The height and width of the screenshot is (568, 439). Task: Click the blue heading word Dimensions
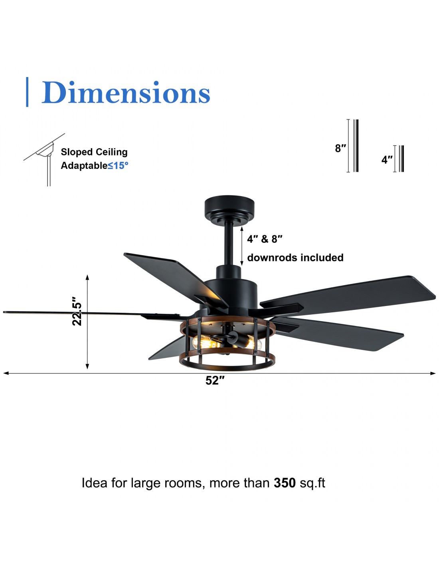pyautogui.click(x=126, y=93)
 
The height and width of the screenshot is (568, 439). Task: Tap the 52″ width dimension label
pyautogui.click(x=215, y=381)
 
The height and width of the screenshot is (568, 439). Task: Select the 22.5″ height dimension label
pyautogui.click(x=77, y=311)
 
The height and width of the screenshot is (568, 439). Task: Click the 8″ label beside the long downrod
pyautogui.click(x=340, y=148)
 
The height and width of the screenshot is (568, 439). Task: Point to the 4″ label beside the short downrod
pyautogui.click(x=387, y=159)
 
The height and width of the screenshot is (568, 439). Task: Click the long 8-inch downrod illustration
pyautogui.click(x=356, y=145)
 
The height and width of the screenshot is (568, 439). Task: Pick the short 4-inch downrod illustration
pyautogui.click(x=401, y=159)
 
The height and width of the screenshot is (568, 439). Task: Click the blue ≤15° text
pyautogui.click(x=118, y=165)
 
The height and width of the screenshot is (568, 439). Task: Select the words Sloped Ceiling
pyautogui.click(x=94, y=152)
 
